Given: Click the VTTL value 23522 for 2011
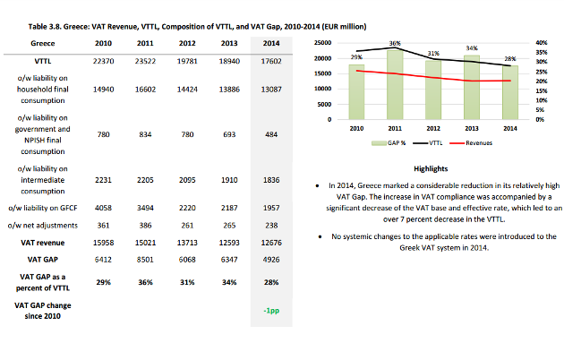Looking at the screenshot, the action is pyautogui.click(x=145, y=61).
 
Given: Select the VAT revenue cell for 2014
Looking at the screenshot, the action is pyautogui.click(x=271, y=243).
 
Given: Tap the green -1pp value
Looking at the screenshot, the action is pyautogui.click(x=271, y=311).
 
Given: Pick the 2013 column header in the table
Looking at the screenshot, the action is pyautogui.click(x=229, y=43).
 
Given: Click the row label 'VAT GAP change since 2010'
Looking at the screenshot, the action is pyautogui.click(x=42, y=311).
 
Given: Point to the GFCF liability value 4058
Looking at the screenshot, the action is pyautogui.click(x=103, y=208).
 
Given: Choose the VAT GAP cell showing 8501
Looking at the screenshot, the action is pyautogui.click(x=145, y=260).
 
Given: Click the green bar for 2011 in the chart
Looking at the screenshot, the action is pyautogui.click(x=395, y=85).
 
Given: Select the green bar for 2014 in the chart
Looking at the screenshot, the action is pyautogui.click(x=510, y=92).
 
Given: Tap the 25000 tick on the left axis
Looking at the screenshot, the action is pyautogui.click(x=322, y=43).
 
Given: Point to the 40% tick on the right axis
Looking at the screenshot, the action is pyautogui.click(x=542, y=43).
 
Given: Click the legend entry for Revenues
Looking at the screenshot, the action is pyautogui.click(x=471, y=143).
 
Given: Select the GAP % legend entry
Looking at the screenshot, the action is pyautogui.click(x=389, y=143).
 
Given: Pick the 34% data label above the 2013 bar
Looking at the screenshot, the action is pyautogui.click(x=472, y=48).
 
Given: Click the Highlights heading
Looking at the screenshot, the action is pyautogui.click(x=431, y=168).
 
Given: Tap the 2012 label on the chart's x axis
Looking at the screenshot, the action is pyautogui.click(x=433, y=128).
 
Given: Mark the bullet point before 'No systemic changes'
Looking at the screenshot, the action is pyautogui.click(x=320, y=236).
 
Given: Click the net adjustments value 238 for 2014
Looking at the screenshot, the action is pyautogui.click(x=271, y=226).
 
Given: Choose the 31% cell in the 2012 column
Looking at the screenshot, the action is pyautogui.click(x=187, y=282).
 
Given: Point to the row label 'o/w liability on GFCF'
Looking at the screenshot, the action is pyautogui.click(x=43, y=208).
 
